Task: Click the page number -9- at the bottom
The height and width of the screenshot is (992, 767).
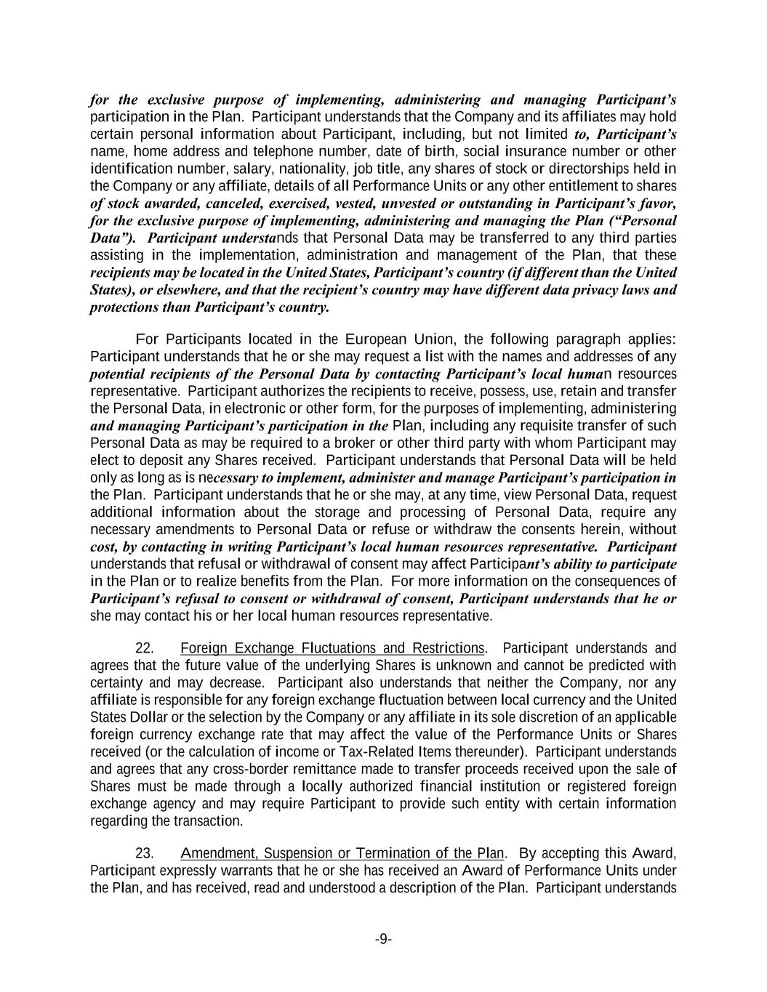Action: click(383, 940)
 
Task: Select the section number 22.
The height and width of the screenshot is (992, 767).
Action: click(145, 648)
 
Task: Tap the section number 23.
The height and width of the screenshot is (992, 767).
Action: click(145, 853)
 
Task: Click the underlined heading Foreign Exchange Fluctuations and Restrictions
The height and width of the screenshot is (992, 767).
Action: click(332, 648)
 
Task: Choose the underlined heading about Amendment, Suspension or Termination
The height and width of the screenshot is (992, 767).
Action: click(342, 853)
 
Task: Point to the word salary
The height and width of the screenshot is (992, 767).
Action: click(269, 169)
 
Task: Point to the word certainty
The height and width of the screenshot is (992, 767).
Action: click(117, 682)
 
